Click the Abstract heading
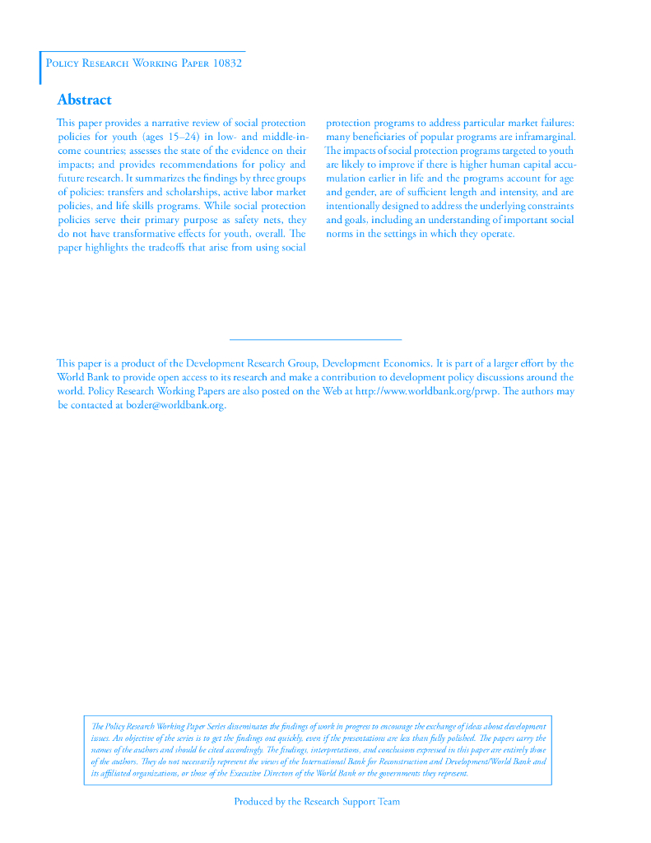pos(84,100)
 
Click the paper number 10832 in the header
pos(227,63)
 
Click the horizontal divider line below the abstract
pos(315,339)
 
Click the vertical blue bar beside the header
pos(40,68)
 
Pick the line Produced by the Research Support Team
pos(317,801)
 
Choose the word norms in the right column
pos(339,234)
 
